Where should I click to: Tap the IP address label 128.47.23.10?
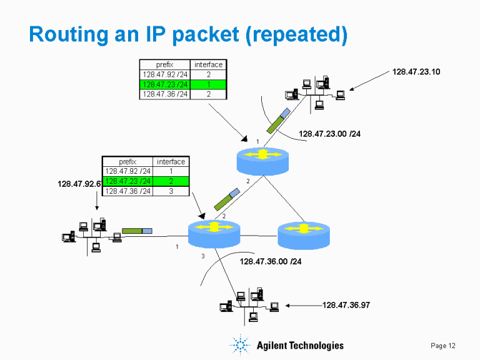pos(416,72)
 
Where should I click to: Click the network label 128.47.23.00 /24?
pos(329,134)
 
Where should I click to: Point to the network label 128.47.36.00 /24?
pos(271,261)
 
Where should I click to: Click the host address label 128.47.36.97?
pos(346,305)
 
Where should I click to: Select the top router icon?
pos(263,159)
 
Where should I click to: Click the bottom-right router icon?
pos(303,234)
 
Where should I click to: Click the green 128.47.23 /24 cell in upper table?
pos(165,84)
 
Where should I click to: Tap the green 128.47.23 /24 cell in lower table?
pos(127,181)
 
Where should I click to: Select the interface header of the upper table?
pos(208,64)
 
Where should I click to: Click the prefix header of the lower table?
pos(127,162)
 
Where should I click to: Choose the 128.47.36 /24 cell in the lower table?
pos(127,191)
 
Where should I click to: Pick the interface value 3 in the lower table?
pos(171,191)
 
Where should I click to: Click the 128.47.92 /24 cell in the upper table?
pos(165,74)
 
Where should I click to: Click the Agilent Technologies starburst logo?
pos(241,345)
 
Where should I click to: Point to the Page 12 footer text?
pos(443,346)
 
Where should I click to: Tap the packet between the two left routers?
pos(227,198)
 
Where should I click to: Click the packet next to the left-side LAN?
pos(137,231)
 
